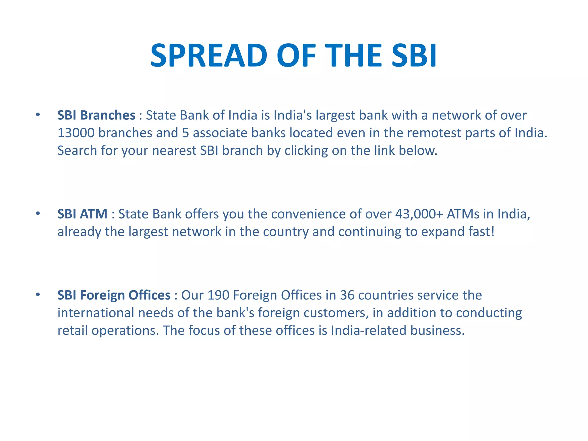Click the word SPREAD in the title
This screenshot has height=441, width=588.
(209, 55)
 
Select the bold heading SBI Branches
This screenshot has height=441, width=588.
(96, 115)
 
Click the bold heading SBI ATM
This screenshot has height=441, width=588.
(82, 214)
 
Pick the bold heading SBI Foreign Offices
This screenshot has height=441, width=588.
(114, 295)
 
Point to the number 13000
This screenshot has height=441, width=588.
(76, 133)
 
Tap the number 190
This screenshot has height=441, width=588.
(218, 295)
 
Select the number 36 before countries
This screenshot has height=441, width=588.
(347, 295)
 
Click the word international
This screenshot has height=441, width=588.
(96, 313)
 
